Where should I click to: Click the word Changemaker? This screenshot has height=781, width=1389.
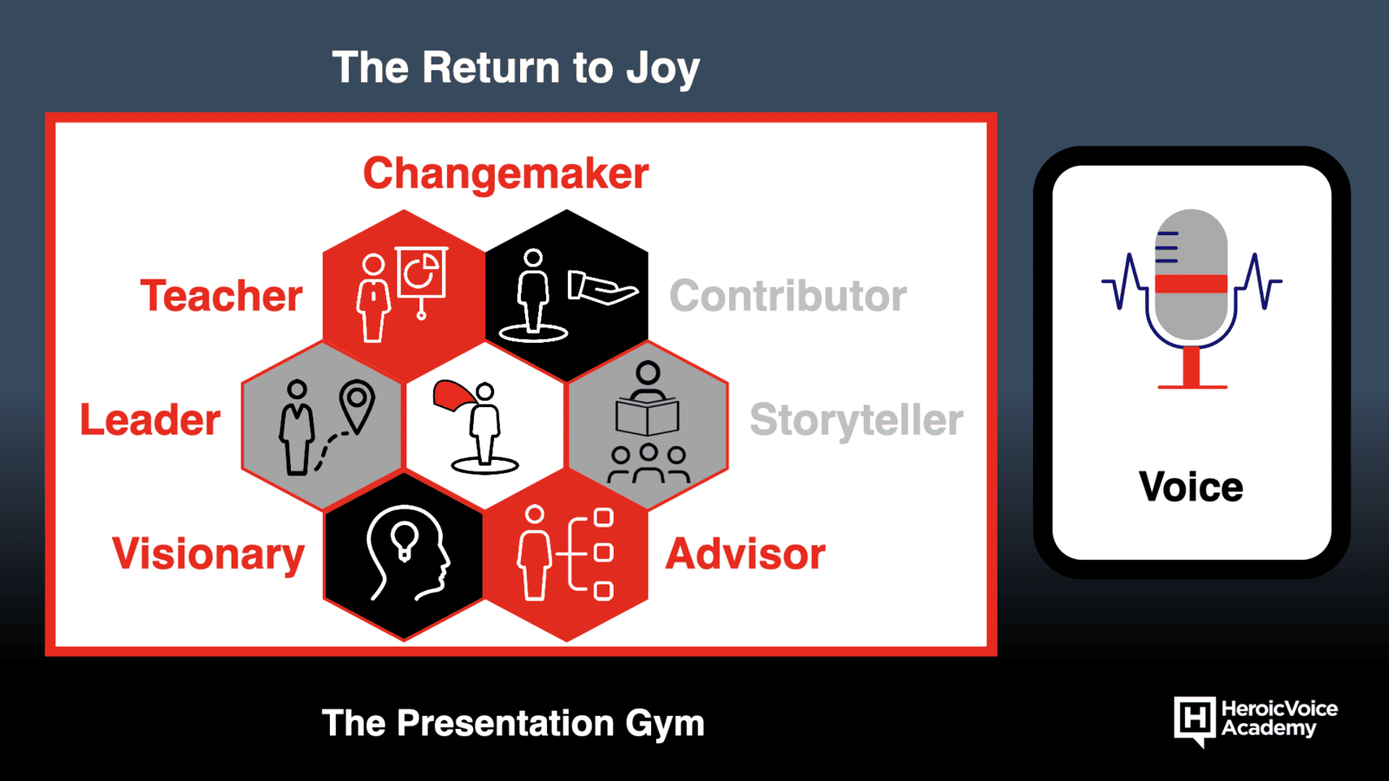pyautogui.click(x=505, y=174)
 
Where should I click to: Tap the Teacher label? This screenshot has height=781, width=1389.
pyautogui.click(x=221, y=296)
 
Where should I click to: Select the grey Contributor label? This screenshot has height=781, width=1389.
pyautogui.click(x=788, y=296)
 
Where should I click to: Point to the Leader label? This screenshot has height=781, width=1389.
pyautogui.click(x=150, y=420)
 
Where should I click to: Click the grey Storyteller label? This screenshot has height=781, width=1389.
pyautogui.click(x=856, y=420)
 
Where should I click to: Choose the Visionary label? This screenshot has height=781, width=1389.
pyautogui.click(x=208, y=555)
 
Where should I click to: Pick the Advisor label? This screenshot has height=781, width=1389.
pyautogui.click(x=746, y=555)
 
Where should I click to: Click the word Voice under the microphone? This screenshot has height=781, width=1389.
pyautogui.click(x=1191, y=487)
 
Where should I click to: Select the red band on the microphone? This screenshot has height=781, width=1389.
pyautogui.click(x=1191, y=283)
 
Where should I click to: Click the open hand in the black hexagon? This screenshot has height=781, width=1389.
pyautogui.click(x=602, y=287)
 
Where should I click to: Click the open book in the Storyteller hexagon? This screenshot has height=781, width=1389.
pyautogui.click(x=648, y=417)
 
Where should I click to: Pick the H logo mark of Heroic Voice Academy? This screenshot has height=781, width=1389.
pyautogui.click(x=1195, y=720)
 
